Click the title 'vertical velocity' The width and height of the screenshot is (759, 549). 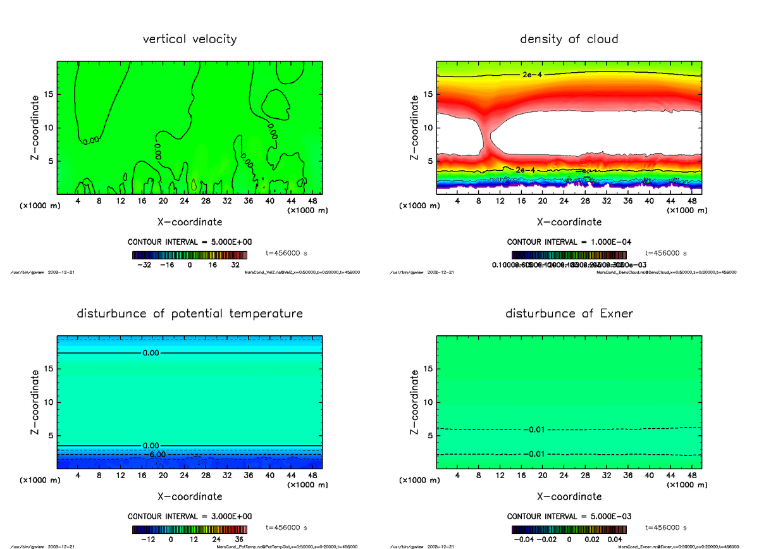190,39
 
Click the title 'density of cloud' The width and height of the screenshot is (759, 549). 569,39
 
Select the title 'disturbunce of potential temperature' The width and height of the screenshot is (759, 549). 190,314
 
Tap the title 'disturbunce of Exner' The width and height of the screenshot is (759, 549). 569,314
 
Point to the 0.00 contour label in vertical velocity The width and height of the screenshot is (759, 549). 90,140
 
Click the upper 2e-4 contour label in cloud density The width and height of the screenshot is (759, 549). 532,75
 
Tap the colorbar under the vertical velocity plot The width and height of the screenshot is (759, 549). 190,255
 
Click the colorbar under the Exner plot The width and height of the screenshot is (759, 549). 569,529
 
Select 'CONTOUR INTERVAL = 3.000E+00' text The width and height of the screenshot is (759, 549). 190,516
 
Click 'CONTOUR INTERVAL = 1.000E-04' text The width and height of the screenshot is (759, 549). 569,242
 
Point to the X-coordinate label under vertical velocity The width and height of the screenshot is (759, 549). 190,222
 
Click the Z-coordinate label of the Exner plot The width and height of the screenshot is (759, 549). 415,402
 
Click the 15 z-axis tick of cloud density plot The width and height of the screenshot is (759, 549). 427,94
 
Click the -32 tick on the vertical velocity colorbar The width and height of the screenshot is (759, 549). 144,265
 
